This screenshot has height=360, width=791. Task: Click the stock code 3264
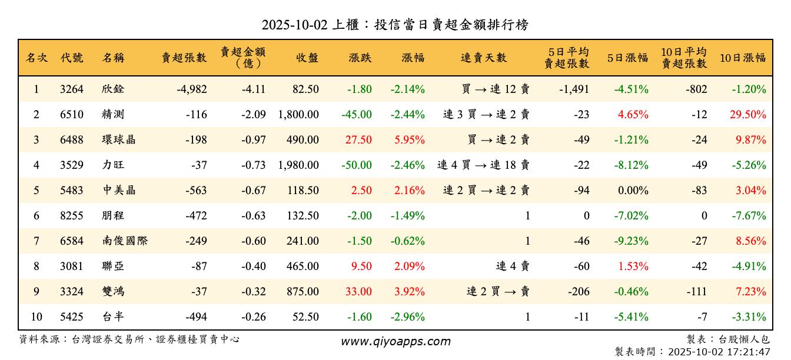(x=72, y=89)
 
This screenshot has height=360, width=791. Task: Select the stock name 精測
(x=113, y=115)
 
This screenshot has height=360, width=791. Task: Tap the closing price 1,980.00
(x=298, y=165)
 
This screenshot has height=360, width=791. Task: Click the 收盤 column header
(x=307, y=58)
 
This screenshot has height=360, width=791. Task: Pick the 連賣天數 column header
(x=484, y=58)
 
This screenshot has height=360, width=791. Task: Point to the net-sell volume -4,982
(x=191, y=89)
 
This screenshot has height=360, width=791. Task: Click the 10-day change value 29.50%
(x=748, y=115)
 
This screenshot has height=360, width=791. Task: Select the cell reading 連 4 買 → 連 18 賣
(x=483, y=165)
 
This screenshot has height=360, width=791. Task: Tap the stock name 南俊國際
(x=124, y=241)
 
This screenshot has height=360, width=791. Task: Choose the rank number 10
(x=36, y=317)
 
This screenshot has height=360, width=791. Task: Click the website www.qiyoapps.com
(x=395, y=342)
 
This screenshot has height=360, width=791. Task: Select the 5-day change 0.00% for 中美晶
(x=632, y=191)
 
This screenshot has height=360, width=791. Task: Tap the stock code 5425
(x=72, y=317)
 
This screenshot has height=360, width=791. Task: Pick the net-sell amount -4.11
(x=254, y=89)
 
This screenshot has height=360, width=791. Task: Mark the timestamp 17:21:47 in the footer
(x=749, y=352)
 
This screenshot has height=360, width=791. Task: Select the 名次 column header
(x=36, y=58)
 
